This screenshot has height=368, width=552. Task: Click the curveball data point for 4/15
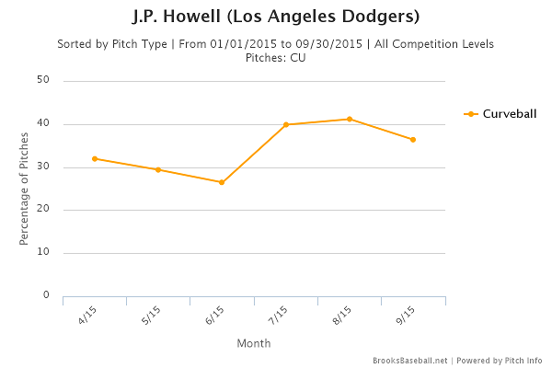(x=95, y=158)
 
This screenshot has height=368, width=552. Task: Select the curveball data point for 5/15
(x=158, y=169)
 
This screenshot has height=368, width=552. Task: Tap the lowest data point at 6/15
(x=222, y=182)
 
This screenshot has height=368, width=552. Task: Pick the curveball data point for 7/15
(x=286, y=124)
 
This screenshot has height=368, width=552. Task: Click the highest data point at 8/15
(x=350, y=119)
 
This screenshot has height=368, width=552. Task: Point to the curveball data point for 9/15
(x=413, y=140)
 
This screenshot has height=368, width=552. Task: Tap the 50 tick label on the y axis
(x=43, y=81)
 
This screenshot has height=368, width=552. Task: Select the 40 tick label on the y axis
(x=43, y=124)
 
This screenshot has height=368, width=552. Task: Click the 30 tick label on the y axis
(x=43, y=167)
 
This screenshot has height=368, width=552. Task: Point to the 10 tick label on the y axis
(x=43, y=252)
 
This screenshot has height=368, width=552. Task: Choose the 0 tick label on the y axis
(x=46, y=295)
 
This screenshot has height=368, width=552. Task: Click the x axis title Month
(x=253, y=343)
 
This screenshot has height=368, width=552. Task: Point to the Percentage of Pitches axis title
(x=24, y=189)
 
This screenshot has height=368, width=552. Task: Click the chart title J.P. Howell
(x=275, y=17)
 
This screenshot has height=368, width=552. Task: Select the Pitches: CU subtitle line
(x=275, y=57)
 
